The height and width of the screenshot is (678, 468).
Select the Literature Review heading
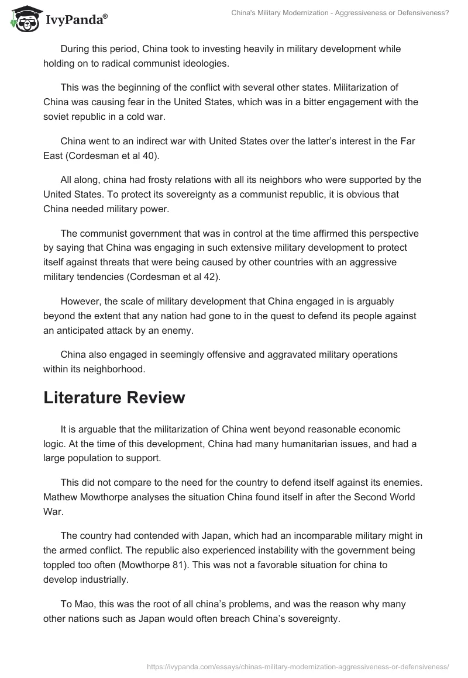[114, 397]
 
